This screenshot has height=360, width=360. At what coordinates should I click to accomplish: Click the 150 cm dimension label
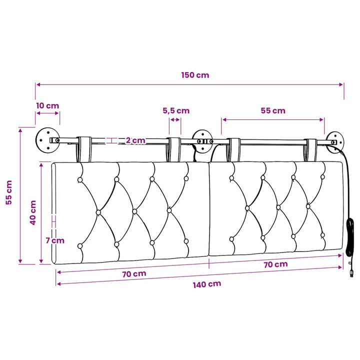coord(195,75)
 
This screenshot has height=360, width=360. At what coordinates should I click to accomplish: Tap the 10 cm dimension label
coord(47,106)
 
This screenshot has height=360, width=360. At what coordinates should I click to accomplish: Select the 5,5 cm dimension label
coord(176,111)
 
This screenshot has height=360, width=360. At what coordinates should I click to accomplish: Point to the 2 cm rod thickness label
coord(135,140)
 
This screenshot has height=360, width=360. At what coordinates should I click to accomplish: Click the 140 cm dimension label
coord(207,284)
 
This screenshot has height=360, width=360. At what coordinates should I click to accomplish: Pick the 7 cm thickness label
coord(55,240)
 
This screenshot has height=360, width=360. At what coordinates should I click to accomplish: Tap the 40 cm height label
coord(33,212)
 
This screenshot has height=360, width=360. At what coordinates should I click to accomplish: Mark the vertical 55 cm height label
coord(8,192)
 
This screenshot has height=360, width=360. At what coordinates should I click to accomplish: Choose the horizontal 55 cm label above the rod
coord(273,110)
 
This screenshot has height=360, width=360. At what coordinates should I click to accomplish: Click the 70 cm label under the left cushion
coord(134,274)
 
